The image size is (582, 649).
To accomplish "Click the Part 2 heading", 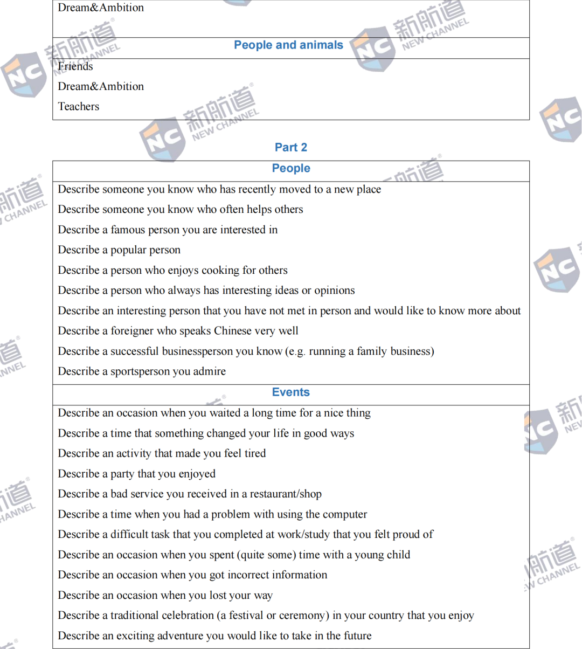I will (x=291, y=147).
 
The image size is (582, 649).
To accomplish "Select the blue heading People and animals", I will (x=288, y=45).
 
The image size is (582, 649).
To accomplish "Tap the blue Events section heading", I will (x=291, y=392).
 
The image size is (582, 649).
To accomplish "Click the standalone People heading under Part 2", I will (x=291, y=168).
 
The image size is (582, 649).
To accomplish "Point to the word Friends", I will (x=75, y=66).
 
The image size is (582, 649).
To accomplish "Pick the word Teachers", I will (x=79, y=107).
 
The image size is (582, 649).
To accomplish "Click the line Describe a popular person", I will (x=119, y=250).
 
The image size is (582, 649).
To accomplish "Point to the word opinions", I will (x=334, y=291).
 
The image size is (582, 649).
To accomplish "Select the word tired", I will (x=255, y=454).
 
